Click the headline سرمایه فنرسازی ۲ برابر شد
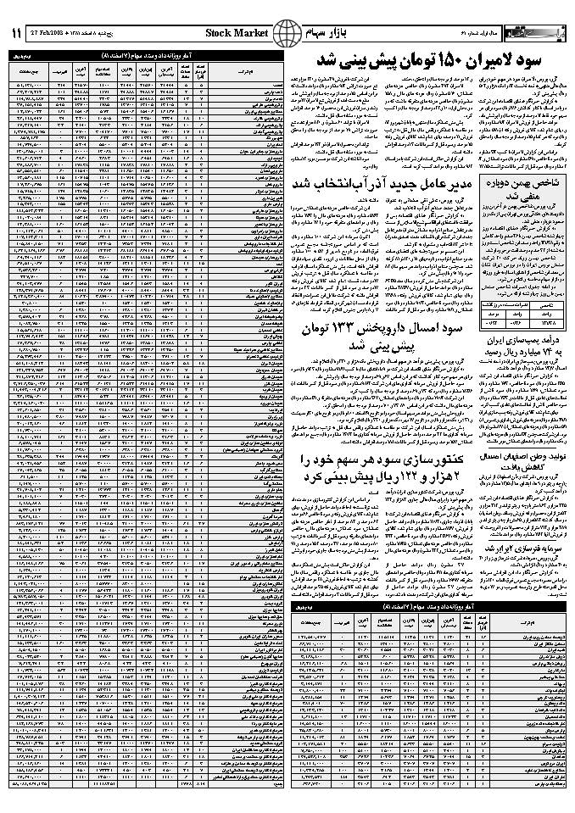521,550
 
